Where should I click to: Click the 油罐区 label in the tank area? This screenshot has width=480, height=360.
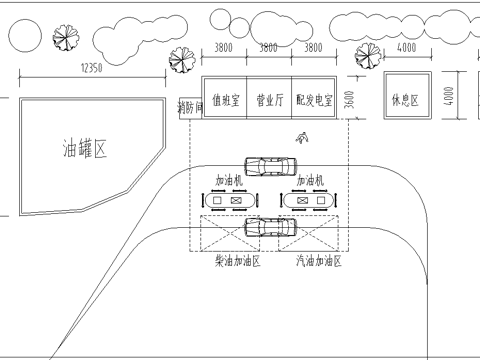click(x=84, y=150)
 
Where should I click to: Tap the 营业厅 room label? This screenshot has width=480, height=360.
click(x=270, y=100)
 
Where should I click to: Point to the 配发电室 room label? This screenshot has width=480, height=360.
click(x=314, y=100)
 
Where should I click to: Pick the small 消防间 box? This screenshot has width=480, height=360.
click(x=189, y=106)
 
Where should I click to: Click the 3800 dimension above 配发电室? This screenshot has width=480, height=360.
click(x=313, y=47)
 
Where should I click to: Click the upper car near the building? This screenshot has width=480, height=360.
click(x=270, y=166)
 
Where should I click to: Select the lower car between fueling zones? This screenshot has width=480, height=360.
click(x=272, y=227)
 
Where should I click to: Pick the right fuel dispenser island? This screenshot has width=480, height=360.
click(x=309, y=201)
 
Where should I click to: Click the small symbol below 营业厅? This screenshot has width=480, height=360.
click(x=301, y=139)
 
